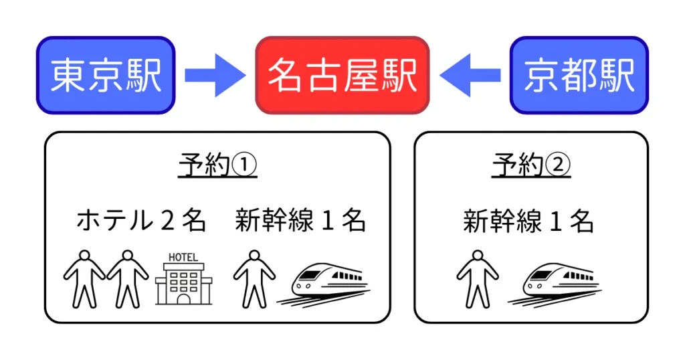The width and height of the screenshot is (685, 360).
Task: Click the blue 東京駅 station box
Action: [105, 75]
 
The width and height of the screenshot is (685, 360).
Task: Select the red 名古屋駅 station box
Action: [342, 75]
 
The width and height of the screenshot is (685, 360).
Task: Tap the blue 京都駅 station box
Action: [579, 75]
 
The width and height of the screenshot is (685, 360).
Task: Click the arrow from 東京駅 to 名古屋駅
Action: [215, 75]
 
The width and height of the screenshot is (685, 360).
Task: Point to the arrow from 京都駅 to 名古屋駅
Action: [470, 75]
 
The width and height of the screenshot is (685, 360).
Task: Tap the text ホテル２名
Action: [141, 220]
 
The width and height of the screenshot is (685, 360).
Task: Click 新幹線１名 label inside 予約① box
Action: [300, 220]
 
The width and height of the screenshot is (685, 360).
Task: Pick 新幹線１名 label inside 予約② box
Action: [528, 220]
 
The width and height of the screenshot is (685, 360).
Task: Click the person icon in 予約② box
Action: [478, 279]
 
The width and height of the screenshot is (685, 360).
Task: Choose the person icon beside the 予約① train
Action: [254, 279]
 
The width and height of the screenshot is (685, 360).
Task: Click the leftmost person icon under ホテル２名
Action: [84, 279]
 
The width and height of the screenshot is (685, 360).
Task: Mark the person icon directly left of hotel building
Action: [127, 279]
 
